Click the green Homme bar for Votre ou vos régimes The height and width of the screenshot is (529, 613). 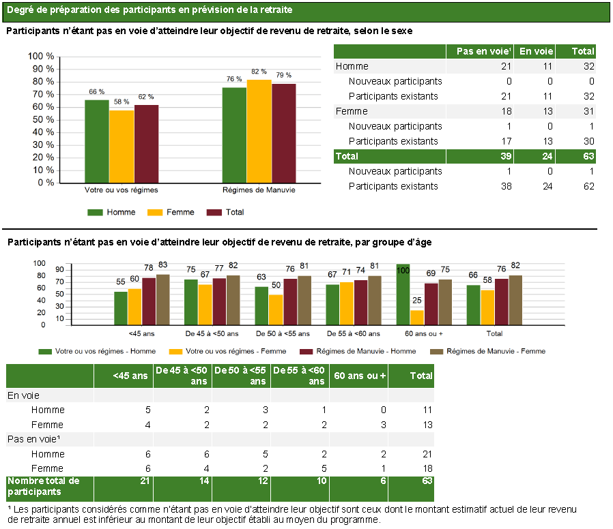pyautogui.click(x=97, y=141)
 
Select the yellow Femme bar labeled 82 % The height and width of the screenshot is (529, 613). pyautogui.click(x=259, y=131)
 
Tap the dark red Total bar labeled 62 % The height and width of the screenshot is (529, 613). pyautogui.click(x=146, y=144)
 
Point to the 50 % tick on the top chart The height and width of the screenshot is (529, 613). pyautogui.click(x=43, y=119)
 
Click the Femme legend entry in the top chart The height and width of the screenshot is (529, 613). pyautogui.click(x=171, y=213)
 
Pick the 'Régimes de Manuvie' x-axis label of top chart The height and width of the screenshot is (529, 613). pyautogui.click(x=259, y=190)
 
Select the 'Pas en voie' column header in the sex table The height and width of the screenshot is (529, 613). pyautogui.click(x=483, y=51)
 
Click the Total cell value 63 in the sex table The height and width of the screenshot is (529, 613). pyautogui.click(x=588, y=156)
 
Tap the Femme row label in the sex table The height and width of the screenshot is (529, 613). pyautogui.click(x=352, y=111)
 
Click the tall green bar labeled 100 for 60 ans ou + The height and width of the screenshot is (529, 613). pyautogui.click(x=403, y=294)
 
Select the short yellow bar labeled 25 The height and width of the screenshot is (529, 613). pyautogui.click(x=417, y=318)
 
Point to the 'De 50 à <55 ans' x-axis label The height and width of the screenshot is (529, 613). pyautogui.click(x=283, y=334)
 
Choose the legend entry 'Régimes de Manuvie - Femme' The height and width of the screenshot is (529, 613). pyautogui.click(x=487, y=351)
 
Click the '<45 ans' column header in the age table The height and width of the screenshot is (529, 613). pyautogui.click(x=130, y=376)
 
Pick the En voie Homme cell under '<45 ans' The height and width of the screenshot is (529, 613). pyautogui.click(x=147, y=410)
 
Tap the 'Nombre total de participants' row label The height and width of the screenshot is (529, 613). pyautogui.click(x=44, y=487)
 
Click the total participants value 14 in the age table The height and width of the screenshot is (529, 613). pyautogui.click(x=204, y=481)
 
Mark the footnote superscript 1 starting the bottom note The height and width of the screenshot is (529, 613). pyautogui.click(x=10, y=508)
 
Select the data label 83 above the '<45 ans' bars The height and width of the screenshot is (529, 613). pyautogui.click(x=162, y=265)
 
